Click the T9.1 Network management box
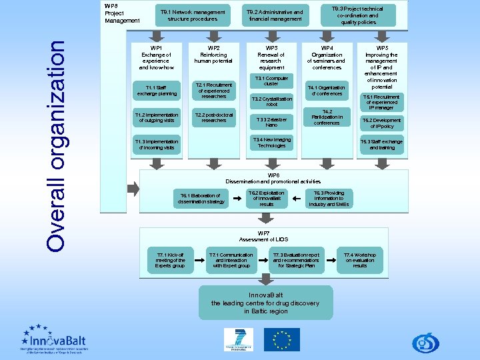192,15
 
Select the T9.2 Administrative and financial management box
275,15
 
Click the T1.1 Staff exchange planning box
156,91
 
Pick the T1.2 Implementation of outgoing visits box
156,117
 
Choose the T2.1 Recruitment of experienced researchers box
213,91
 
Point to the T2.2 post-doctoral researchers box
213,117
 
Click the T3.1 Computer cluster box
271,81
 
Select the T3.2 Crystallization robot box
271,101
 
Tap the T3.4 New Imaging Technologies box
271,142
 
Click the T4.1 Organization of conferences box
326,90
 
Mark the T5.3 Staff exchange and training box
381,145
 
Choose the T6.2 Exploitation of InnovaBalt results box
267,198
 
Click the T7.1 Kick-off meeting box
170,260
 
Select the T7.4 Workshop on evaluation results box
359,260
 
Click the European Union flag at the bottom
281,339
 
